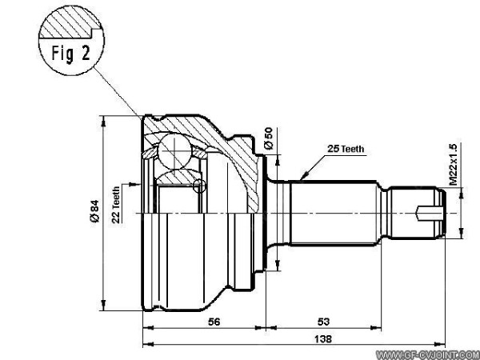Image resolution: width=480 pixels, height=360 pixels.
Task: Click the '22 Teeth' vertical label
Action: click(117, 203)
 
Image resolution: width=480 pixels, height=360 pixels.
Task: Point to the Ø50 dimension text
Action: click(269, 138)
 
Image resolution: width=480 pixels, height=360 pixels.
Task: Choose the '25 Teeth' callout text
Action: click(346, 149)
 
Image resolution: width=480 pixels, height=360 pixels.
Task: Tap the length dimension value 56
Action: click(214, 322)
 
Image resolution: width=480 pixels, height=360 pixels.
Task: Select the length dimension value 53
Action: click(323, 322)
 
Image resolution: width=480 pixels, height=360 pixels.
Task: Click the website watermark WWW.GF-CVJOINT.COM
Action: click(426, 353)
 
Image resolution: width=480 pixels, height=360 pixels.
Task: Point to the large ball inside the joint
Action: click(173, 149)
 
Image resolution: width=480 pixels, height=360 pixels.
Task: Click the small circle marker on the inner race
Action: click(199, 186)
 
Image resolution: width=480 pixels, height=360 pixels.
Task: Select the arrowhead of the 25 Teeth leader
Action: click(302, 177)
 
